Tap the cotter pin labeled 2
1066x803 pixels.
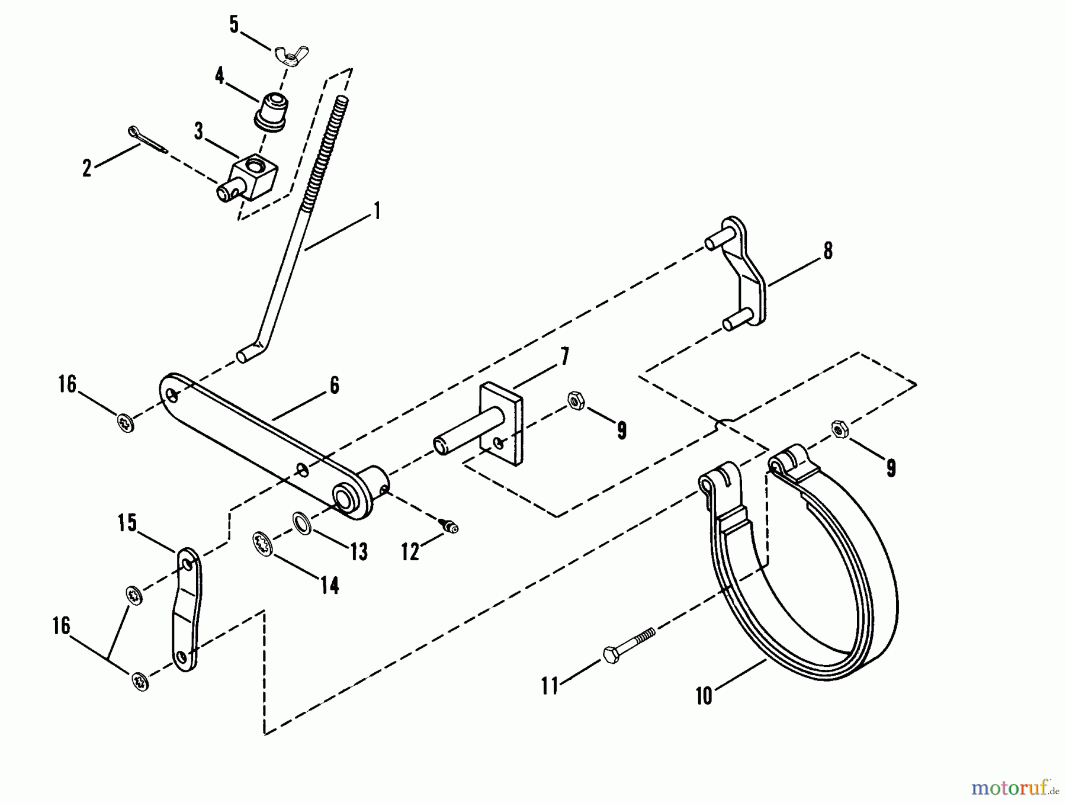click(x=147, y=140)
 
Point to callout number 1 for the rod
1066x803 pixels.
click(x=377, y=211)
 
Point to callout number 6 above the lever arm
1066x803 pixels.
click(x=335, y=386)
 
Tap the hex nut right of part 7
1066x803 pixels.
click(x=575, y=401)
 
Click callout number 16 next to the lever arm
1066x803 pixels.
click(x=67, y=384)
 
